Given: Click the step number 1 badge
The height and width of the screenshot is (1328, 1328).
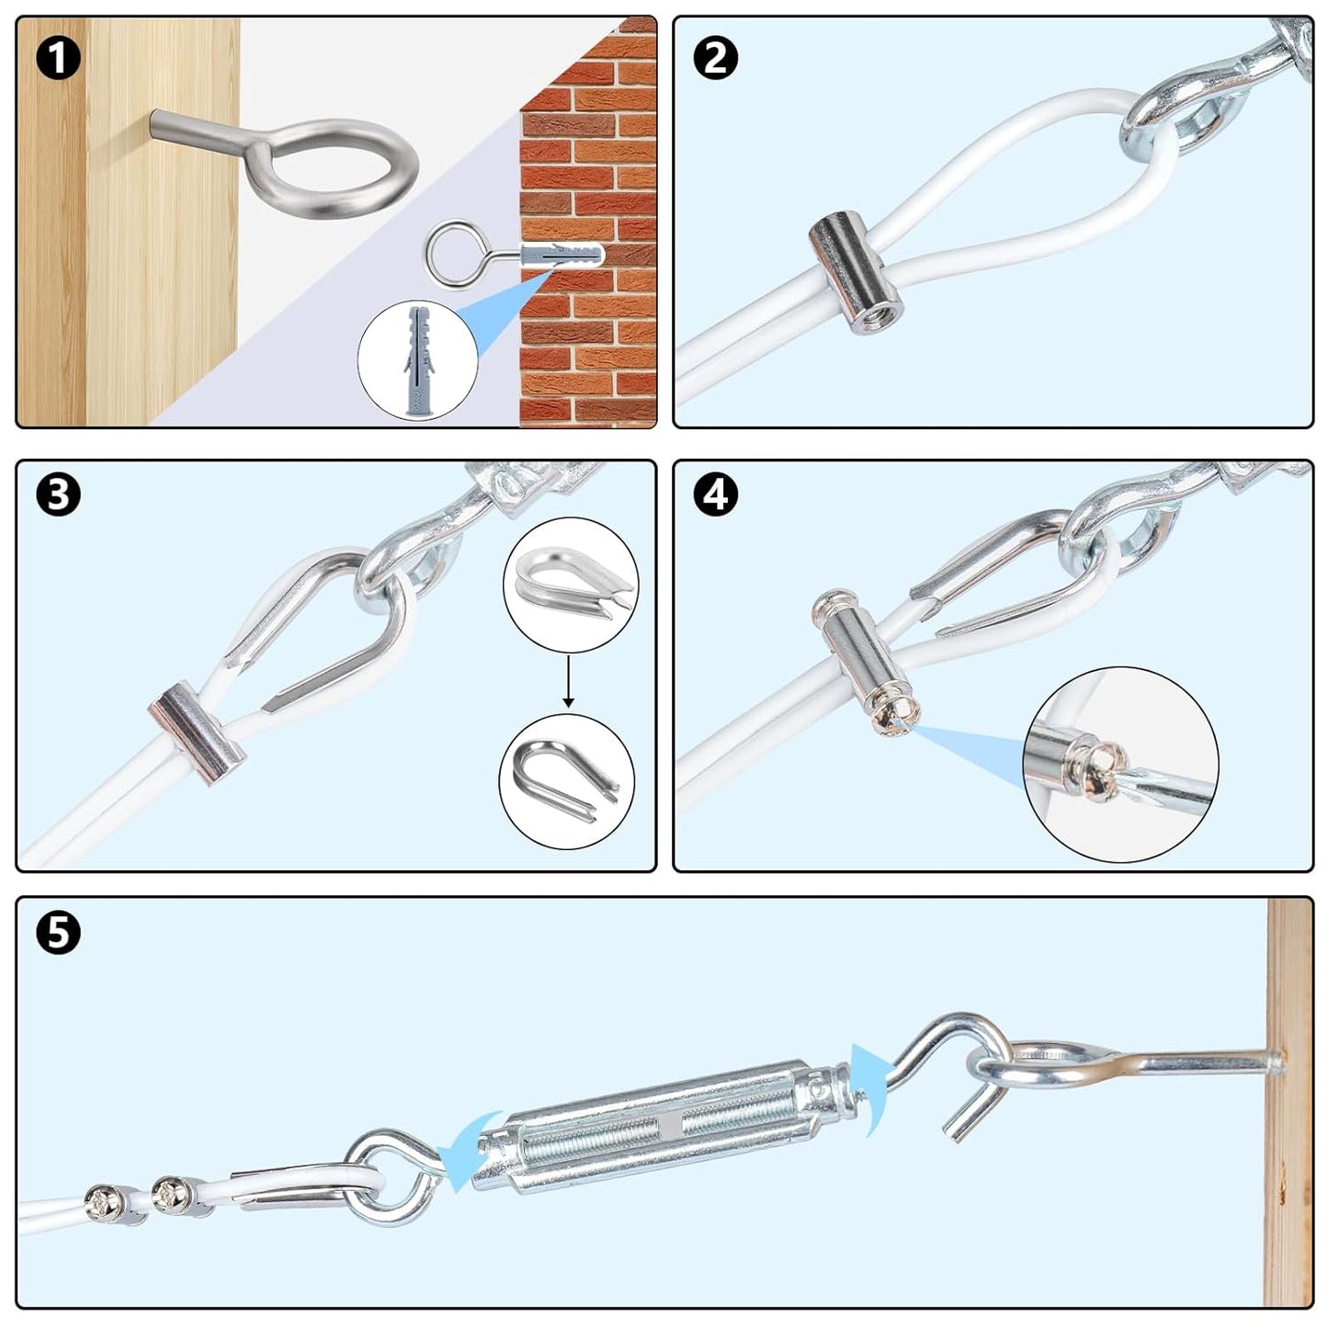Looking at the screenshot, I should pyautogui.click(x=58, y=58).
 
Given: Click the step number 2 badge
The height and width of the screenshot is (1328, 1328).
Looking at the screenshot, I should pyautogui.click(x=716, y=58).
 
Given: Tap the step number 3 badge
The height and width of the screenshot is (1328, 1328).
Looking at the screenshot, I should pyautogui.click(x=58, y=495).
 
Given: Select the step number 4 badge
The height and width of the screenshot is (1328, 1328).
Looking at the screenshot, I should pyautogui.click(x=716, y=495).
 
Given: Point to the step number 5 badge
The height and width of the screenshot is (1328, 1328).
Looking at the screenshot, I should pyautogui.click(x=58, y=933).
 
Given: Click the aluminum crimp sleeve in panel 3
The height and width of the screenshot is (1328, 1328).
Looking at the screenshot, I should pyautogui.click(x=198, y=721).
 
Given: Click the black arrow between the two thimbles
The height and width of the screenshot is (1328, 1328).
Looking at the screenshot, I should pyautogui.click(x=569, y=681).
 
